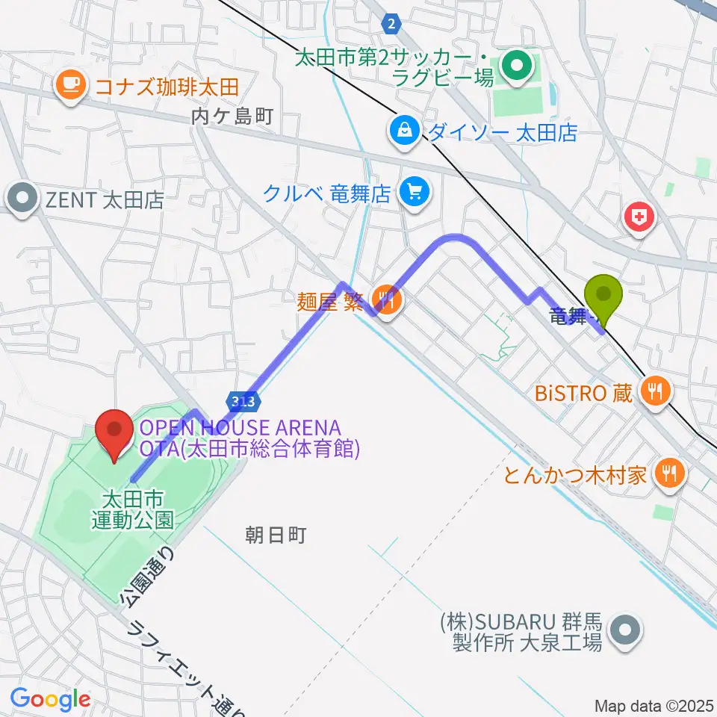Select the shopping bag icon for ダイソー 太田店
pyautogui.click(x=404, y=132)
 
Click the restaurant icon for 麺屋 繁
pyautogui.click(x=386, y=302)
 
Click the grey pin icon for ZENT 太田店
pyautogui.click(x=23, y=200)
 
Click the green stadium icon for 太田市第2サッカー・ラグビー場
pyautogui.click(x=515, y=66)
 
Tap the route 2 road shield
pyautogui.click(x=391, y=24)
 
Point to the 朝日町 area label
pyautogui.click(x=276, y=535)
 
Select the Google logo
pyautogui.click(x=50, y=699)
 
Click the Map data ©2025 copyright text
pyautogui.click(x=654, y=706)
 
